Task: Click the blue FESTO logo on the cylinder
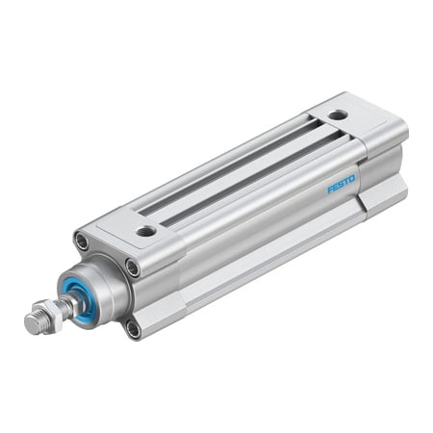click(341, 182)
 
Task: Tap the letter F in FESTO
click(329, 189)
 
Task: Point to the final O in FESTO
click(352, 176)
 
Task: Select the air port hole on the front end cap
click(145, 231)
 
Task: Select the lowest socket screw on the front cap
click(133, 328)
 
